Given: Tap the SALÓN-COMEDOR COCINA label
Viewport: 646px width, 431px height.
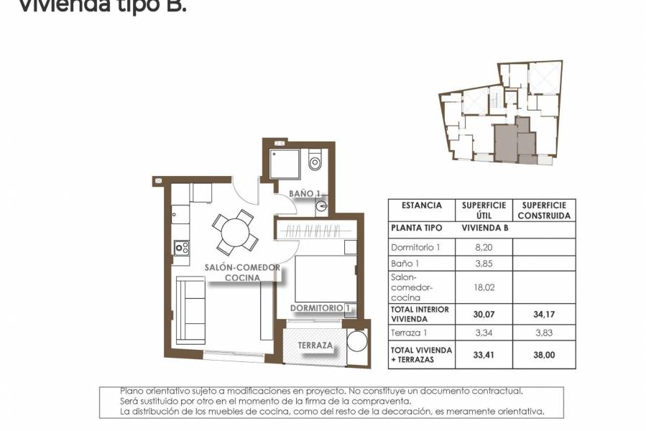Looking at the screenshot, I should [241, 272].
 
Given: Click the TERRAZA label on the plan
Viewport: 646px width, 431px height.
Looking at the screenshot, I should [315, 346].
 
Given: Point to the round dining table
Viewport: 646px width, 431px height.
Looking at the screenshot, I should [234, 232].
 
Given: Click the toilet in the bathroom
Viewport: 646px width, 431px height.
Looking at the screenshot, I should [315, 161].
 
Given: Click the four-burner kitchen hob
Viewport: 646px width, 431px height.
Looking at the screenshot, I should [181, 248].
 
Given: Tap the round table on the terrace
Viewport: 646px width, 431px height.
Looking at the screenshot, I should [357, 340].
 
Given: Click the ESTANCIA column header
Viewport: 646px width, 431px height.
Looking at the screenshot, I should [422, 205].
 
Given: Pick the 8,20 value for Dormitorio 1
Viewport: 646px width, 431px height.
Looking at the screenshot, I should [486, 246].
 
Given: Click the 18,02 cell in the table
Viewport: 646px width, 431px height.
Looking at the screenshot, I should [486, 286].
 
